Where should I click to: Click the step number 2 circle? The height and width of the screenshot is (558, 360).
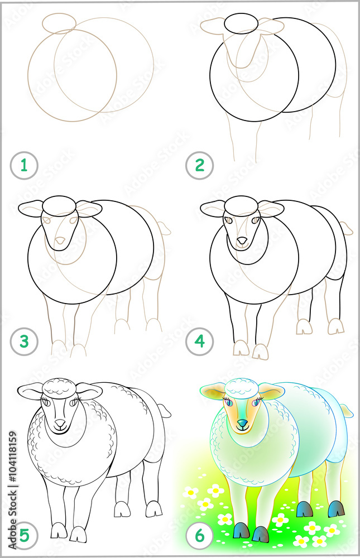pyautogui.click(x=200, y=166)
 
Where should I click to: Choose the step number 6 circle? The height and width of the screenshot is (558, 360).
pyautogui.click(x=200, y=536)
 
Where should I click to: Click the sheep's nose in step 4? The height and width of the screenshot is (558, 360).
pyautogui.click(x=242, y=240)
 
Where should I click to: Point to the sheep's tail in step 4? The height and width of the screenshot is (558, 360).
pyautogui.click(x=347, y=228)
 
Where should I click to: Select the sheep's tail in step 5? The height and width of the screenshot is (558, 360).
pyautogui.click(x=165, y=411)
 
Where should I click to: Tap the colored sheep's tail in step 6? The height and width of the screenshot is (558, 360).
pyautogui.click(x=347, y=411)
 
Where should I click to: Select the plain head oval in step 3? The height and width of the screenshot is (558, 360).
pyautogui.click(x=60, y=205)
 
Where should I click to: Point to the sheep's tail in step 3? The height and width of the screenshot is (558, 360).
pyautogui.click(x=164, y=228)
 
